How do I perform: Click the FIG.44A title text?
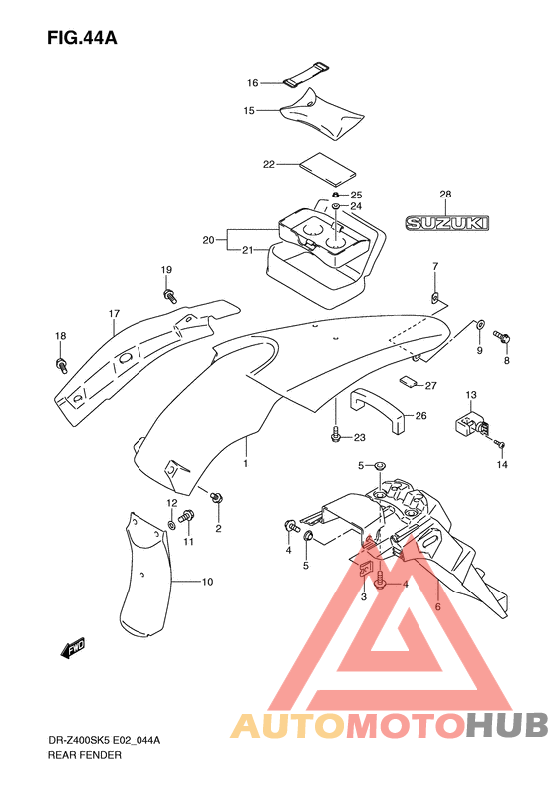point(82,38)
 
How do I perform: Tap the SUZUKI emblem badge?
point(447,222)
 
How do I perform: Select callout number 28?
point(445,194)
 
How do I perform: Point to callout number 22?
point(269,164)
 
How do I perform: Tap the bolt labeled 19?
point(169,295)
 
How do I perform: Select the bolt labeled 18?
point(61,365)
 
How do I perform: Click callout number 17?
point(115,314)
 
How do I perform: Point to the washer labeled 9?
point(479,324)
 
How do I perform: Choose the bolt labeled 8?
point(502,336)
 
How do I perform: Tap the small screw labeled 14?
point(499,443)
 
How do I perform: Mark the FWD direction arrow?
point(73,648)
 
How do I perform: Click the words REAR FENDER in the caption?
point(85,755)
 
